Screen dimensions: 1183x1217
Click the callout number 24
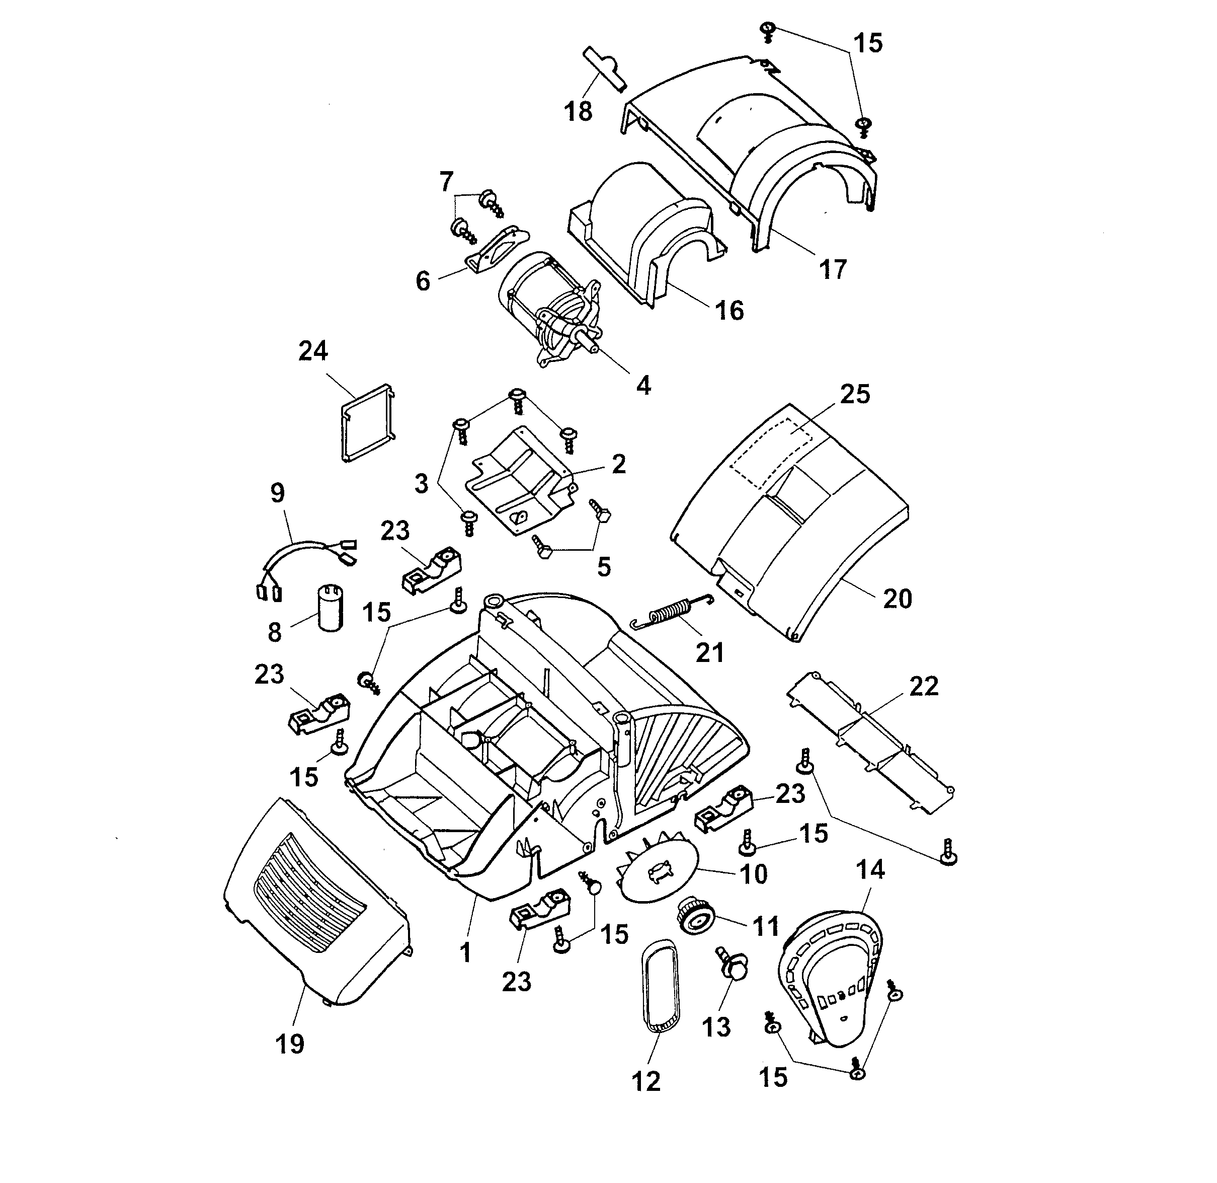(x=312, y=352)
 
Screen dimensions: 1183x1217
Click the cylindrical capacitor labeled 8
(x=331, y=608)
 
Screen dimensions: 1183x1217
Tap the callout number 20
(x=897, y=599)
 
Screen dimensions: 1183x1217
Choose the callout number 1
(x=465, y=952)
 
